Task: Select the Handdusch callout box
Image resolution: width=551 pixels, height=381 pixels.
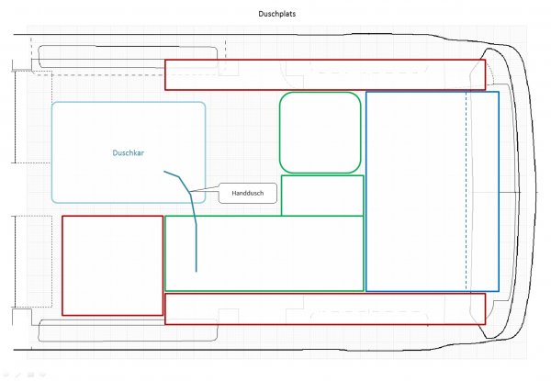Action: click(247, 192)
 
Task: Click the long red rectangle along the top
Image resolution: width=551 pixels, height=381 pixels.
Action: click(324, 74)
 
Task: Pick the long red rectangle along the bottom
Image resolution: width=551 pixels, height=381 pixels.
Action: click(324, 308)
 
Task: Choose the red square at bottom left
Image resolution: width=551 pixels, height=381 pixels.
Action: click(112, 265)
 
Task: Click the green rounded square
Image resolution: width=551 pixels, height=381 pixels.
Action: click(320, 132)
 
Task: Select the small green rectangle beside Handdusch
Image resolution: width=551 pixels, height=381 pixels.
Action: click(322, 195)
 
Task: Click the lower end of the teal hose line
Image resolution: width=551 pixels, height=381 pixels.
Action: click(197, 272)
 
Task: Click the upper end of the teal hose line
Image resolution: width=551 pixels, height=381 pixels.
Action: click(164, 171)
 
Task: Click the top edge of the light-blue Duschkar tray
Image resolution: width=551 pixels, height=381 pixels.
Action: click(128, 102)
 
